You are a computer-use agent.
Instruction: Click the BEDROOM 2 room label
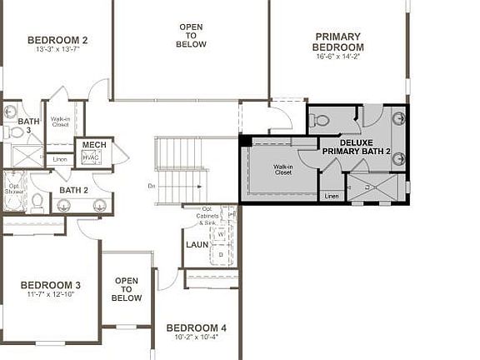(57, 40)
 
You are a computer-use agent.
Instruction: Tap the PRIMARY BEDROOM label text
(338, 42)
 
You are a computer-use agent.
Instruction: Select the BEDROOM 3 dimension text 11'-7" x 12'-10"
(50, 295)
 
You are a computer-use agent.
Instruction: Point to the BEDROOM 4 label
(196, 327)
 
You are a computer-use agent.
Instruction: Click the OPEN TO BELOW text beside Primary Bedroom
(191, 36)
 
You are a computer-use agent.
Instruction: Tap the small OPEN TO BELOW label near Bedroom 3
(127, 289)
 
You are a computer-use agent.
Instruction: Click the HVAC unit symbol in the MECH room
(91, 157)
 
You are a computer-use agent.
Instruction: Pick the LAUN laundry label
(197, 245)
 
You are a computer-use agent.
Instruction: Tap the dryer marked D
(221, 254)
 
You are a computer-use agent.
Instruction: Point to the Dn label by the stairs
(152, 185)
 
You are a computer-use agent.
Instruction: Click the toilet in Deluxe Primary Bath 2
(322, 121)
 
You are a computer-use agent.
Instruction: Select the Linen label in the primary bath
(332, 196)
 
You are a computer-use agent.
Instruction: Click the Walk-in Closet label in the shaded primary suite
(282, 170)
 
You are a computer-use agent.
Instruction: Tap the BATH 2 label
(73, 190)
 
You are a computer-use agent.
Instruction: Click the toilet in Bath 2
(37, 200)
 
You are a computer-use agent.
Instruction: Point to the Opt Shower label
(14, 187)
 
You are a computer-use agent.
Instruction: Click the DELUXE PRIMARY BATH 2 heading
(350, 147)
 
